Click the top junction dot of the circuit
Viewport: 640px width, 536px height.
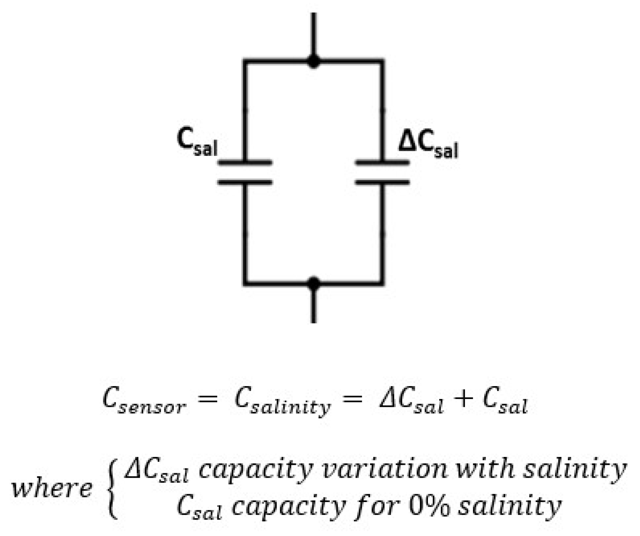click(314, 62)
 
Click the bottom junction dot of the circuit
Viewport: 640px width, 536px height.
click(314, 283)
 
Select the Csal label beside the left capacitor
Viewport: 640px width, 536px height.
click(197, 143)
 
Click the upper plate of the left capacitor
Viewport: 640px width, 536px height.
click(245, 162)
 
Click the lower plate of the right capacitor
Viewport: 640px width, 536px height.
click(382, 183)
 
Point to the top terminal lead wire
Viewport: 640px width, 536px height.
click(314, 34)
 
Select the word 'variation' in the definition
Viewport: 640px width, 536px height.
click(384, 469)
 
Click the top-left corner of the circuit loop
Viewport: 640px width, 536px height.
click(245, 62)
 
